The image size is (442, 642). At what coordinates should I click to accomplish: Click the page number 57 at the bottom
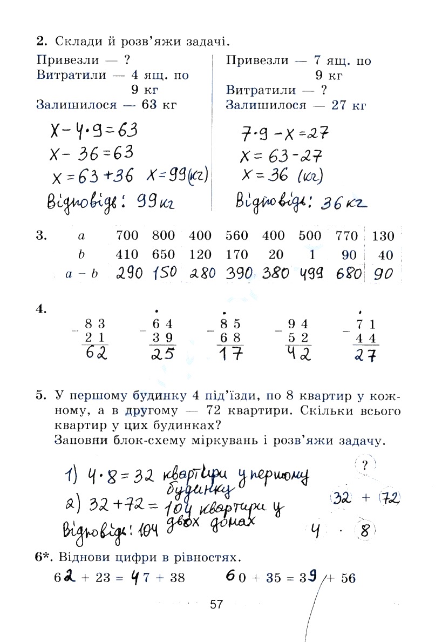tap(216, 604)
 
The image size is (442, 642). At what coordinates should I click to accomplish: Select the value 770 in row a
tap(346, 236)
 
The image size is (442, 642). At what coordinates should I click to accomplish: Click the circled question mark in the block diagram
tap(365, 465)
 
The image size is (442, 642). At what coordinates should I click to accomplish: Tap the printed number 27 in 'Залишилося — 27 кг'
tap(339, 105)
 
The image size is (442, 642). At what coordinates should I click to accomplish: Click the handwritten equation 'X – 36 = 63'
tap(92, 153)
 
